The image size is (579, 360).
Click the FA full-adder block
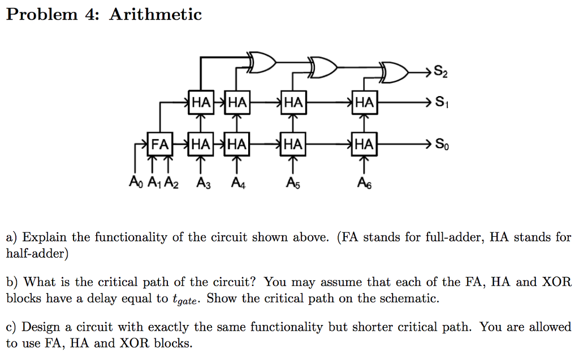159,144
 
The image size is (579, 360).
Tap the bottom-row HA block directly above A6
364,144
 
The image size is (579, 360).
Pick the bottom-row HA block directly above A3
201,144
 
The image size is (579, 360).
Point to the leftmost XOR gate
262,63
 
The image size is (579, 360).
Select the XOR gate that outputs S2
395,72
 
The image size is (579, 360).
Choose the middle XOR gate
322,67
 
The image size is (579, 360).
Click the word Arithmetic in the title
155,14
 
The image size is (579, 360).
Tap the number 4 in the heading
91,14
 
